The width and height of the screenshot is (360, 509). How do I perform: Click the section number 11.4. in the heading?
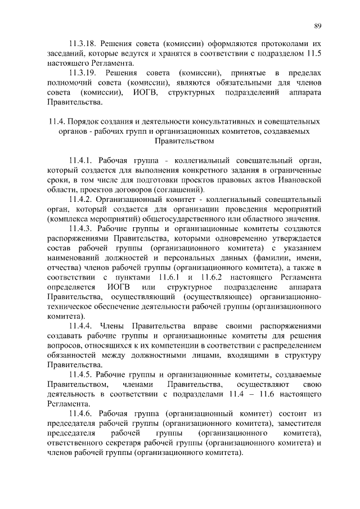(x=57, y=121)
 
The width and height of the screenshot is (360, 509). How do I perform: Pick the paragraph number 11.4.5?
(x=81, y=375)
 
